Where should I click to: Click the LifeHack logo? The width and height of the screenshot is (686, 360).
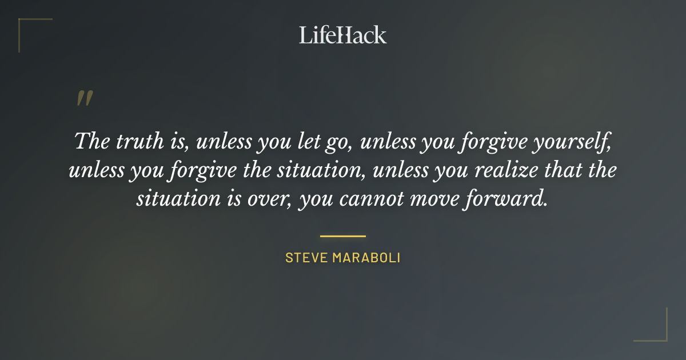coord(343,34)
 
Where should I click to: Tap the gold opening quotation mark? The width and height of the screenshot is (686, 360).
coord(84,98)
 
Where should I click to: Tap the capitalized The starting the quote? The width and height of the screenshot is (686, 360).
coord(94,141)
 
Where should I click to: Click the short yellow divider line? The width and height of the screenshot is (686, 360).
coord(343,235)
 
